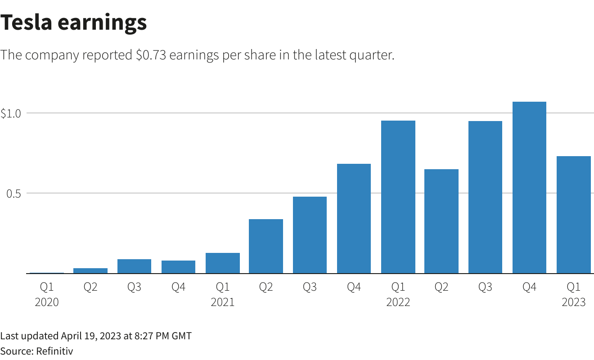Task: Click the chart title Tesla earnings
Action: (73, 22)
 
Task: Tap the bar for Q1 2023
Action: (573, 215)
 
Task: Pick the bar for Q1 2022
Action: (398, 197)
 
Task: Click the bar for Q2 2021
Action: (266, 246)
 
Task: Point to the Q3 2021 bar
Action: (310, 235)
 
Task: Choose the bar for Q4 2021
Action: (354, 218)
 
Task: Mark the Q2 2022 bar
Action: (441, 221)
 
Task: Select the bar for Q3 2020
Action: (134, 266)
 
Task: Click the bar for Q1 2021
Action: (222, 263)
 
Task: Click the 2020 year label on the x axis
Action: (47, 302)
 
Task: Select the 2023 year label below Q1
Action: (573, 302)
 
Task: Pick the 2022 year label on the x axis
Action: (398, 302)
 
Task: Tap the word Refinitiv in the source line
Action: (54, 351)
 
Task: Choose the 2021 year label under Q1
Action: (222, 302)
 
